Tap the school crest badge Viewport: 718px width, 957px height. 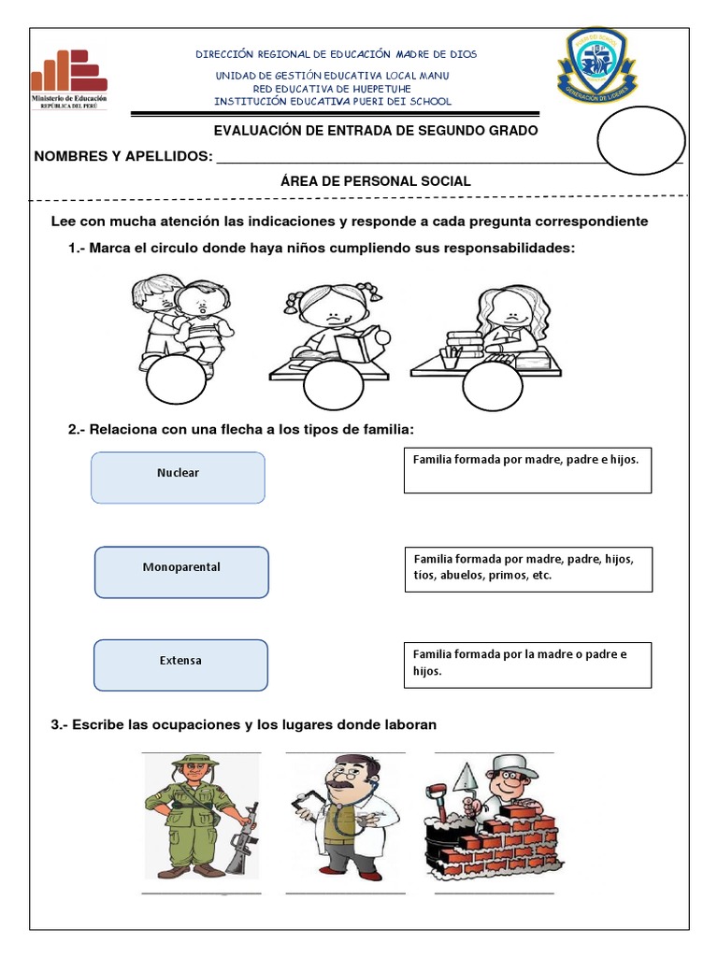(x=598, y=65)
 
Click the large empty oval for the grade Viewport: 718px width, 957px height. (x=641, y=140)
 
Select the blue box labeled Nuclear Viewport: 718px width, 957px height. (x=178, y=477)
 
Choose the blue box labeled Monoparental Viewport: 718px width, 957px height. (x=181, y=572)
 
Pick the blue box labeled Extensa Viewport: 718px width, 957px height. (x=180, y=664)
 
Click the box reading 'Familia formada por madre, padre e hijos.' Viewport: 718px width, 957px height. (x=527, y=470)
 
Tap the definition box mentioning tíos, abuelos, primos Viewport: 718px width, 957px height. (x=527, y=568)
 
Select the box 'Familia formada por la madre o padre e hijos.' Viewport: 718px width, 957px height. (x=527, y=664)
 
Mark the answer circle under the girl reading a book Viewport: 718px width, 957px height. (x=334, y=386)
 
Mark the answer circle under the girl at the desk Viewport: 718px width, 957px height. (x=493, y=383)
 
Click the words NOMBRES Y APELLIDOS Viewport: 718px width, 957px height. (x=122, y=155)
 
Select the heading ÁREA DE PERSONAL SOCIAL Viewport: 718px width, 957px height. (x=375, y=181)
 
